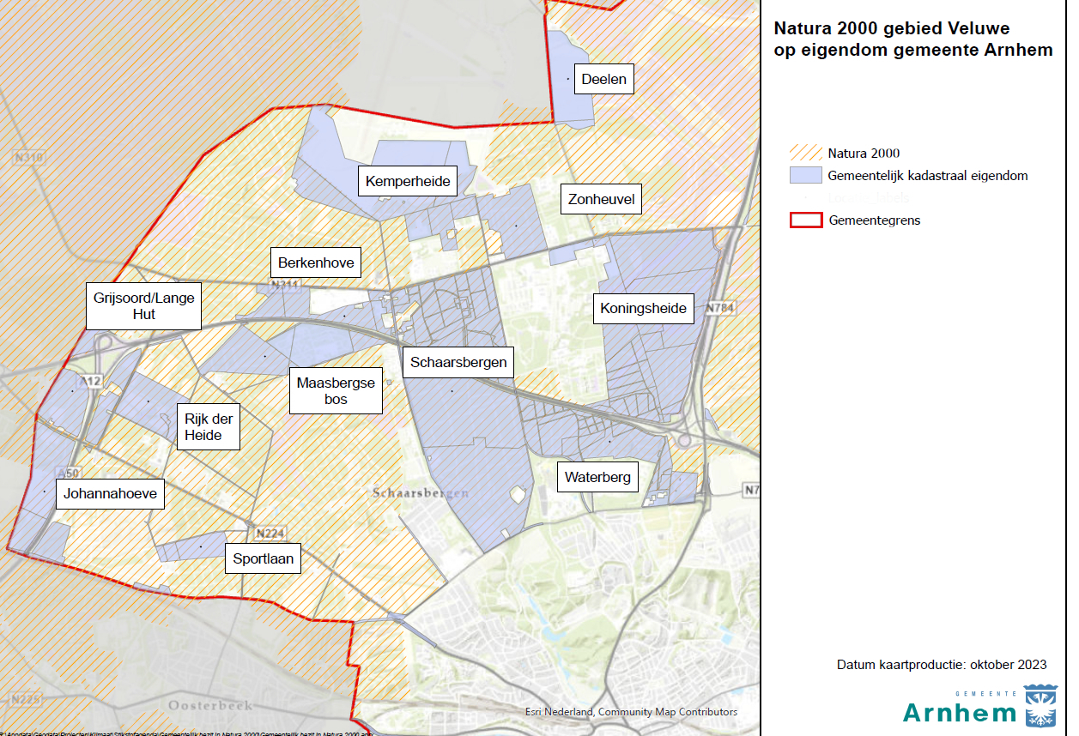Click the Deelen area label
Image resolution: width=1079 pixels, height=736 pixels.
tap(603, 80)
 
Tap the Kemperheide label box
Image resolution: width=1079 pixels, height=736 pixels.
tap(408, 181)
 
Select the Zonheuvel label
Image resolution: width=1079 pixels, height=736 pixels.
tap(601, 201)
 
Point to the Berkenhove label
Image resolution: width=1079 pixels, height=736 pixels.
tap(316, 263)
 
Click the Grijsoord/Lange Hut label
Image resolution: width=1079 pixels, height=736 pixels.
tap(144, 305)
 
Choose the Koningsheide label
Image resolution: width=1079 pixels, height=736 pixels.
tap(644, 308)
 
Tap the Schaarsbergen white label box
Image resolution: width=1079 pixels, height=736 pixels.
tap(458, 362)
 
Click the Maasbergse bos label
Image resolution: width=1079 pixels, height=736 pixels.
tap(336, 391)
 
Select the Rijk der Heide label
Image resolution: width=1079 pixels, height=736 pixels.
tap(208, 426)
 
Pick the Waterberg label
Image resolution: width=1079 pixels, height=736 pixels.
tap(597, 478)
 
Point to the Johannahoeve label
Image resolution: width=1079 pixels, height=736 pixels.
tap(110, 494)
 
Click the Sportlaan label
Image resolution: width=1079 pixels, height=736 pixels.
tap(264, 559)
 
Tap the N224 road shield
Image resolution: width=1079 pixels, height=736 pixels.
tap(269, 534)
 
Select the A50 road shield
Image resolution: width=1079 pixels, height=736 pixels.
tap(67, 473)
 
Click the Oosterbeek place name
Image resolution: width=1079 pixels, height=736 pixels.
tap(211, 705)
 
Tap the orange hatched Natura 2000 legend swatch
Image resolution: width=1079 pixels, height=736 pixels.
tap(804, 154)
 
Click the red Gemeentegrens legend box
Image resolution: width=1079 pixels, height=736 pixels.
tap(804, 220)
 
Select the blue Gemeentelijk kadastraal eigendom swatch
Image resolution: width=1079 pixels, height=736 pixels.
tap(804, 176)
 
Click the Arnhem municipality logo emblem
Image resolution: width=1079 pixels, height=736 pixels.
tap(1041, 704)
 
